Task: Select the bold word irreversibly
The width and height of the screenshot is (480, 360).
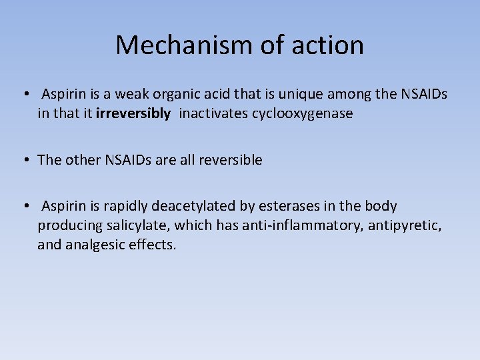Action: tap(133, 113)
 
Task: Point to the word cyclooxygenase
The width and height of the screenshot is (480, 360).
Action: tap(302, 113)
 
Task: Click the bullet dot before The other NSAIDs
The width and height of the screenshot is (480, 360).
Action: tap(23, 160)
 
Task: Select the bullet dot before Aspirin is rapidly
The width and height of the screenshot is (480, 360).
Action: tap(23, 207)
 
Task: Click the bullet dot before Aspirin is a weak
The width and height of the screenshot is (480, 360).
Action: tap(23, 95)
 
